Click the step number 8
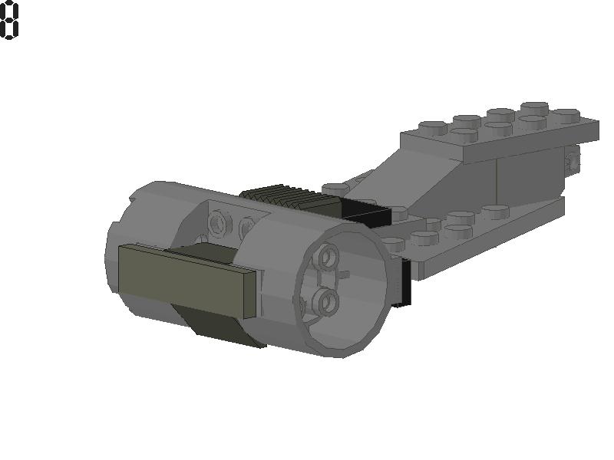pos(9,20)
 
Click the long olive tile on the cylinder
pos(184,278)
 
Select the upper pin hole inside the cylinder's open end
pos(328,258)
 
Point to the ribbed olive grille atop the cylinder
pos(288,198)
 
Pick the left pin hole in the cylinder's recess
pos(221,223)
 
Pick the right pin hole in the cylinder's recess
pos(246,228)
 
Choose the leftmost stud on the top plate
pos(432,128)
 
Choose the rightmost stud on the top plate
pos(566,115)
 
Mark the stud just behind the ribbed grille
pos(335,187)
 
